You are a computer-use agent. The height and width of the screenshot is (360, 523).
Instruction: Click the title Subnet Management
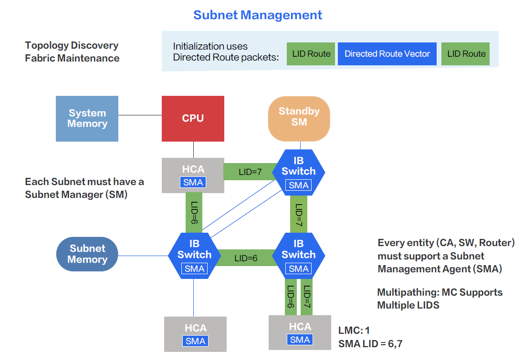pyautogui.click(x=258, y=15)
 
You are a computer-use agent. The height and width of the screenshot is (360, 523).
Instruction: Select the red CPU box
pyautogui.click(x=193, y=118)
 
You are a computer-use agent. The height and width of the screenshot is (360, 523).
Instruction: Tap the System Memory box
pyautogui.click(x=87, y=118)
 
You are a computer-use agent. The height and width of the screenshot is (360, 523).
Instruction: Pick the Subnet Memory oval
pyautogui.click(x=87, y=254)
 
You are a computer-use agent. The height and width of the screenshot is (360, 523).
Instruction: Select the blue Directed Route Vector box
pyautogui.click(x=387, y=54)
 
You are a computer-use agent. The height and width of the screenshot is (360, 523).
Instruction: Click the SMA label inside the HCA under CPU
pyautogui.click(x=193, y=182)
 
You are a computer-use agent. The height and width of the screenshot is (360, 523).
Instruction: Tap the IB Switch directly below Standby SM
pyautogui.click(x=299, y=172)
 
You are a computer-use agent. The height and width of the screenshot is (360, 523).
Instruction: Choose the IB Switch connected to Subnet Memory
pyautogui.click(x=194, y=255)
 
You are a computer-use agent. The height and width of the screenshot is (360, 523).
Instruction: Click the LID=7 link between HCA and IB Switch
pyautogui.click(x=250, y=171)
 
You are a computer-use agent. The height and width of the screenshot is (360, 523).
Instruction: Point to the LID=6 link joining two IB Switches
pyautogui.click(x=246, y=258)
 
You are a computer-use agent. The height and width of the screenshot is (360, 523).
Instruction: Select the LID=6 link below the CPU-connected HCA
pyautogui.click(x=194, y=213)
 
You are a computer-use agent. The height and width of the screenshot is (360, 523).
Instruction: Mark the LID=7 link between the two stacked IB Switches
pyautogui.click(x=299, y=213)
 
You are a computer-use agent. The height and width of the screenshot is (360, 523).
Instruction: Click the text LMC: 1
pyautogui.click(x=354, y=330)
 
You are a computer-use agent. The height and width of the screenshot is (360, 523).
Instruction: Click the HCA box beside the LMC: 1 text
pyautogui.click(x=300, y=332)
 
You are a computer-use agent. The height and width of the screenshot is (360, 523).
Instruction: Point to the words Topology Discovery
pyautogui.click(x=72, y=46)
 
